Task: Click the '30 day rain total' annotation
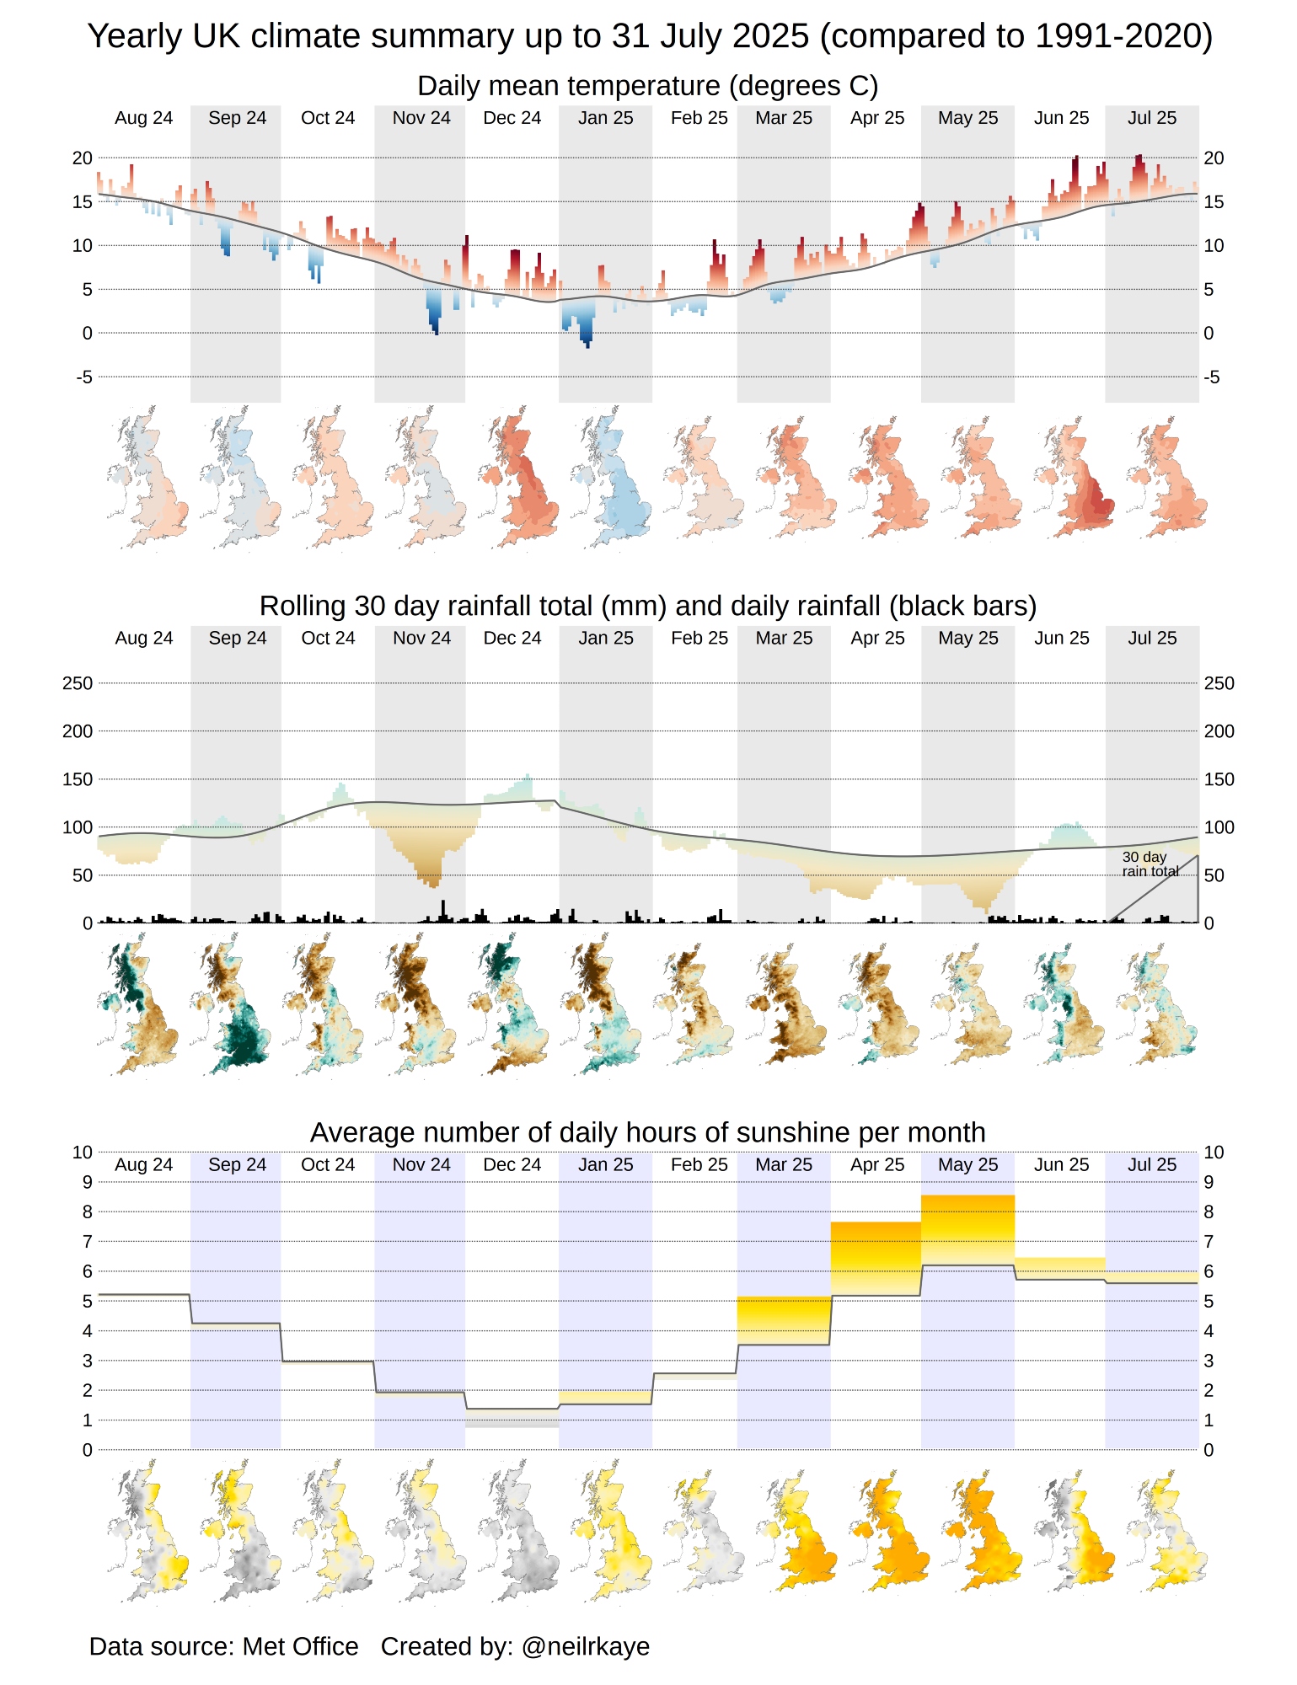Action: [1150, 864]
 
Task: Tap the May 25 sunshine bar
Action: [967, 1229]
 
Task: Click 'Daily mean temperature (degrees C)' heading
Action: [647, 86]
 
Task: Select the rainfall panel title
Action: [647, 606]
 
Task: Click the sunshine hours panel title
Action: [647, 1132]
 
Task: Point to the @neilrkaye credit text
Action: [585, 1645]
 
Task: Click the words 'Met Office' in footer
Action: [300, 1645]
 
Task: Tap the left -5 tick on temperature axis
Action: [83, 377]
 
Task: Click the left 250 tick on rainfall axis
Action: [78, 683]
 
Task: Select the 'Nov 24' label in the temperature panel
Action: [421, 118]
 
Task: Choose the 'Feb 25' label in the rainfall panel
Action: [699, 638]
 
